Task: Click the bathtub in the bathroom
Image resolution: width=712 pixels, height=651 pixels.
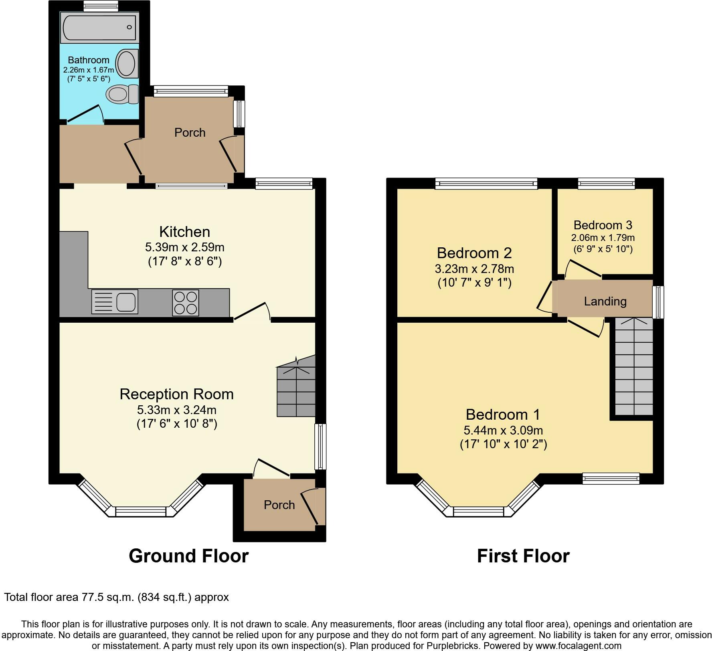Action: [99, 27]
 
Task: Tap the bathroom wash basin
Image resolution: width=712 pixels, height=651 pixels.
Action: [127, 63]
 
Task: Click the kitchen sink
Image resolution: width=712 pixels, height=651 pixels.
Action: [115, 301]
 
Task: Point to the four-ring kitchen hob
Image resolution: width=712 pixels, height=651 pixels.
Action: [186, 302]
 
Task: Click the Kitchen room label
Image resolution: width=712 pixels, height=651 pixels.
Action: [184, 232]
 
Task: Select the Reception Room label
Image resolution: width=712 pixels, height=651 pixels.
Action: [176, 394]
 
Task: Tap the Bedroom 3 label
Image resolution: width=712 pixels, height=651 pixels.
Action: [603, 225]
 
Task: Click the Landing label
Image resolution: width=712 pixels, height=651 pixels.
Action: [605, 301]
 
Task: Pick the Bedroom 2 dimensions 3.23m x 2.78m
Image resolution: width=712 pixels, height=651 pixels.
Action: [474, 269]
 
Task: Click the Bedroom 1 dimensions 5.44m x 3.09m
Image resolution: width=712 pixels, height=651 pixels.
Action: [503, 430]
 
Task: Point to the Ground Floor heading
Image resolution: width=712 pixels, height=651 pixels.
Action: [189, 556]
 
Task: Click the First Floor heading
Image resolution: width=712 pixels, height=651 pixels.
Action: [523, 556]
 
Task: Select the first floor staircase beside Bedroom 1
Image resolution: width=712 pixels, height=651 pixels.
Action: [634, 366]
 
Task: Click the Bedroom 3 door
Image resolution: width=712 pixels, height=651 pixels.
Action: [583, 269]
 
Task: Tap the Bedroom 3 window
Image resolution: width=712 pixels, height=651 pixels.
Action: [607, 184]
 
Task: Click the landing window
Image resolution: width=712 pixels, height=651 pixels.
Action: [658, 302]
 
